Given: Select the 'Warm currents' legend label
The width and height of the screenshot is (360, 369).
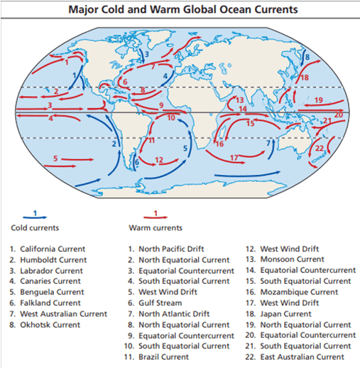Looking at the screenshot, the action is (155, 228).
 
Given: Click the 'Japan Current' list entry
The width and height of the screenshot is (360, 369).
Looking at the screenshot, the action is (287, 314).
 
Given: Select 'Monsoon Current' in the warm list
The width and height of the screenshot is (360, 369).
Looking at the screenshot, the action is (293, 260).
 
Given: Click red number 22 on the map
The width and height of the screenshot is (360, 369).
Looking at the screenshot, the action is (320, 148).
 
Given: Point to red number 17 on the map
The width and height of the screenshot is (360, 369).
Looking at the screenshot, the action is (234, 156).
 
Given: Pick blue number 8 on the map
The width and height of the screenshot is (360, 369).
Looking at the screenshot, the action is (307, 56).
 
